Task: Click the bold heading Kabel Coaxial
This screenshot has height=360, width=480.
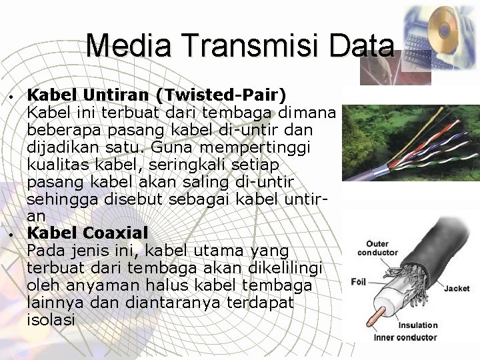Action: (87, 233)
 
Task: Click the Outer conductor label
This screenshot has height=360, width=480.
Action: (377, 248)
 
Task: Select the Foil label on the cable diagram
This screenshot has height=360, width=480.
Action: (359, 282)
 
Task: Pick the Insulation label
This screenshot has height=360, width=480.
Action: (418, 325)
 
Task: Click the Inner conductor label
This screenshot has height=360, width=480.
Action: (405, 337)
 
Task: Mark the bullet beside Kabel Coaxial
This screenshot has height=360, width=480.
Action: (13, 235)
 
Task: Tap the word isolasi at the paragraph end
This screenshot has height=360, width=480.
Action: (51, 320)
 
